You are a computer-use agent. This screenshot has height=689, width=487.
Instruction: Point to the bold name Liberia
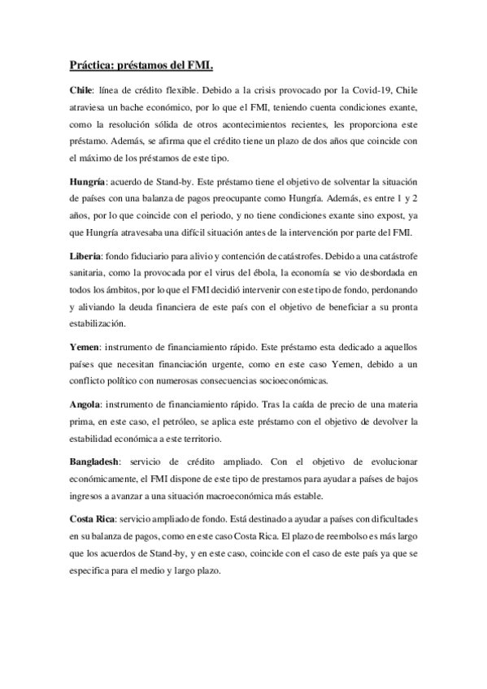(x=87, y=256)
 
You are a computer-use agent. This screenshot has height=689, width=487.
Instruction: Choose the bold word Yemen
(x=85, y=347)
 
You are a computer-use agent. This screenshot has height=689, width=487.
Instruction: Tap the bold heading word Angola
(x=87, y=403)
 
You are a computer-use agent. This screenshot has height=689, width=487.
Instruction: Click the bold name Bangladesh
(x=98, y=460)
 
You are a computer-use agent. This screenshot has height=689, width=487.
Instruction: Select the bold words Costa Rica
(x=92, y=517)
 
